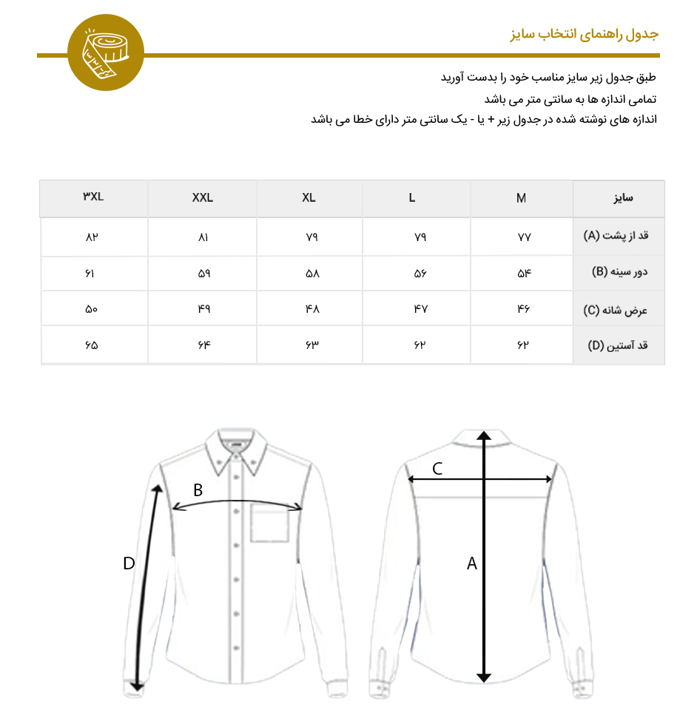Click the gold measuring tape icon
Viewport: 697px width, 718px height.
(105, 53)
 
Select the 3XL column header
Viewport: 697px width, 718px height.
(93, 197)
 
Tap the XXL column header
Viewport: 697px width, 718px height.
(202, 198)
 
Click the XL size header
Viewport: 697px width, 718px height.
(309, 198)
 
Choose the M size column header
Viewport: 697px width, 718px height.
(522, 198)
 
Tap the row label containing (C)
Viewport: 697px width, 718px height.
(616, 310)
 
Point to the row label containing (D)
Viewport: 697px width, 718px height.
(617, 345)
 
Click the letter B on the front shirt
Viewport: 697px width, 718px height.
(198, 490)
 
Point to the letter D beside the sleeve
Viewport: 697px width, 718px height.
(129, 563)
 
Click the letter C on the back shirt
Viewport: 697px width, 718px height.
(437, 468)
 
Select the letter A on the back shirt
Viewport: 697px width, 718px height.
(471, 563)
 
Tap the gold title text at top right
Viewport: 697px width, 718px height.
(584, 35)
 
